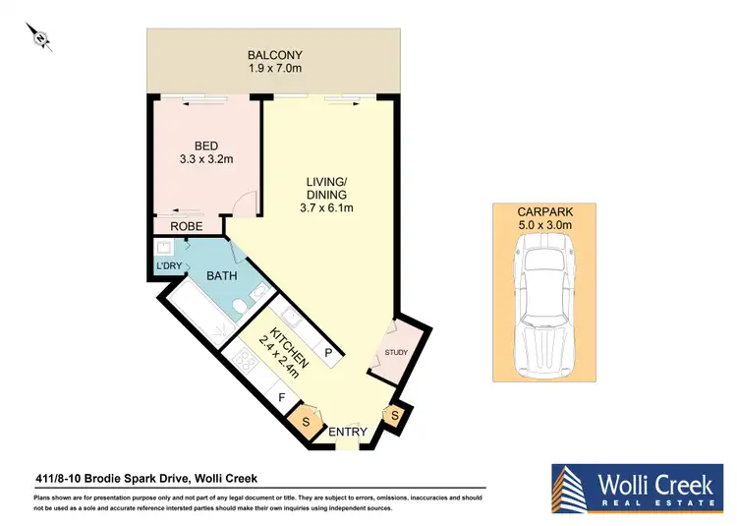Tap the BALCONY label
pos(274,54)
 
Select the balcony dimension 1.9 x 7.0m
pos(274,70)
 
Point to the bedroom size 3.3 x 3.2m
pos(205,160)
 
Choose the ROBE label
pos(186,227)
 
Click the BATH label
pos(221,276)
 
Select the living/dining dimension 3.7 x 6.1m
pos(327,207)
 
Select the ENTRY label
pos(348,432)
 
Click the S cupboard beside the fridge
pos(306,421)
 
